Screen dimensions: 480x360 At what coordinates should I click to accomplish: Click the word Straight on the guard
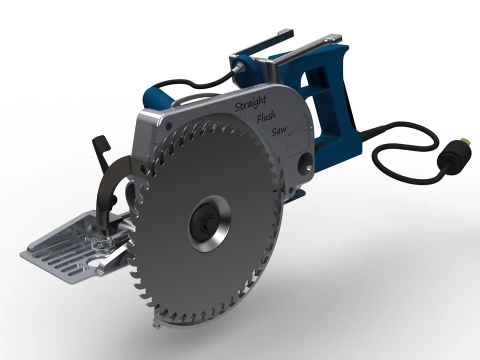(250, 103)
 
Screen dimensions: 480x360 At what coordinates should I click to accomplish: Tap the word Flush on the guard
(266, 116)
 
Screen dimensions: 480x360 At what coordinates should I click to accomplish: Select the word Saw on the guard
(279, 130)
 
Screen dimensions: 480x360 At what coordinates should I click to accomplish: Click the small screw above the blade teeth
(168, 126)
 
